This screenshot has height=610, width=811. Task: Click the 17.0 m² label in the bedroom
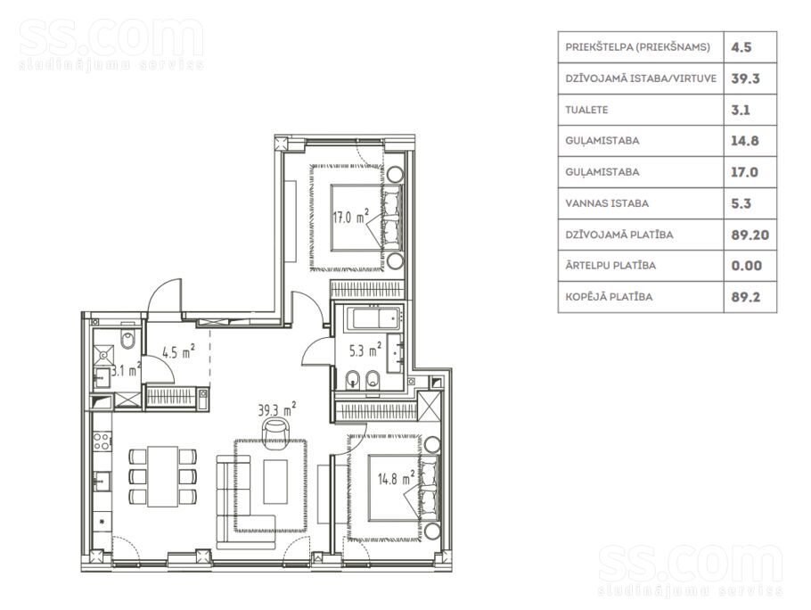tap(350, 217)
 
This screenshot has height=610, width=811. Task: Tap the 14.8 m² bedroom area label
tap(397, 478)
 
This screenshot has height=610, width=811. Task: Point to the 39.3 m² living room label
tap(276, 409)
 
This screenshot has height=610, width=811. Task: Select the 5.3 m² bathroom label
tap(365, 350)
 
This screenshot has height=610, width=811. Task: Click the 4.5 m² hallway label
tap(178, 352)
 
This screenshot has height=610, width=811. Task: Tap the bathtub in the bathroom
tap(373, 318)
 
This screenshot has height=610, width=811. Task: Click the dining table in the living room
tap(162, 476)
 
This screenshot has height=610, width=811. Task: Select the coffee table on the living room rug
tap(275, 482)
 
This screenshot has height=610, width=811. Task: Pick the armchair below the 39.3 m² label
tap(274, 432)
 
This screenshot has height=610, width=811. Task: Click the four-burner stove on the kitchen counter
tap(102, 441)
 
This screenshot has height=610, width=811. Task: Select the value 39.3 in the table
tap(745, 78)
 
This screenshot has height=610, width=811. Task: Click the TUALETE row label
tap(586, 110)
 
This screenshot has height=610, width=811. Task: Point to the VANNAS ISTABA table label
tap(607, 203)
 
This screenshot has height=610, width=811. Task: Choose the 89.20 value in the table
tap(750, 235)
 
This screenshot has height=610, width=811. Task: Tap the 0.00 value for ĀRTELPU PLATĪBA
tap(746, 266)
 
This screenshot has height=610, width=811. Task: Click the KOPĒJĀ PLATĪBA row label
tap(609, 297)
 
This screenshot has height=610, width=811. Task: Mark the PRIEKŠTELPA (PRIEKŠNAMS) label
tap(638, 47)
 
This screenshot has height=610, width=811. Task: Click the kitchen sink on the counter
tap(102, 482)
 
